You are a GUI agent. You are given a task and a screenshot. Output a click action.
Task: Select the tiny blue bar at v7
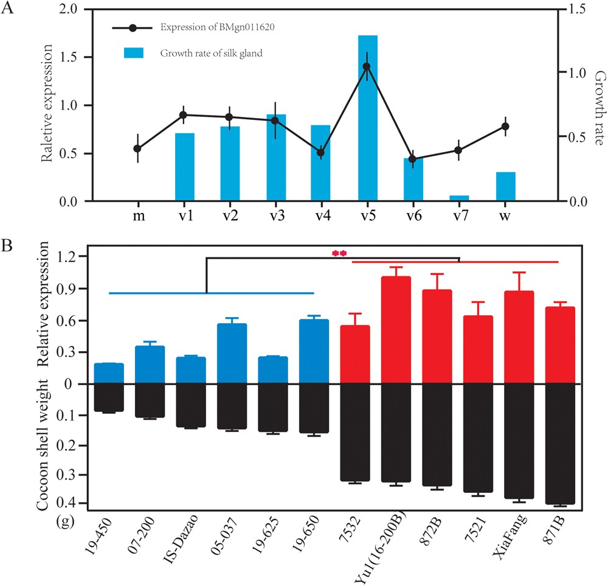tap(459, 198)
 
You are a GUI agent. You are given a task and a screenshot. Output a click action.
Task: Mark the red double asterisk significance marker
tap(339, 253)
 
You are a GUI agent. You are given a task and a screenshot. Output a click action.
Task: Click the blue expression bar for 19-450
tap(109, 374)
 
